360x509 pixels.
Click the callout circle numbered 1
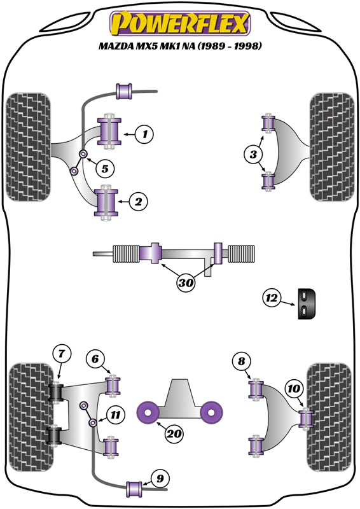click(145, 134)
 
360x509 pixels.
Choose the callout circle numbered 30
click(185, 284)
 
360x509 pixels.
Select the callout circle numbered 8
click(241, 362)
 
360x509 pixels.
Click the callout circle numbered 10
click(294, 387)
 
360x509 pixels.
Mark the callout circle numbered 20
click(174, 435)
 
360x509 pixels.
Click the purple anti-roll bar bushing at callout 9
click(134, 489)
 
